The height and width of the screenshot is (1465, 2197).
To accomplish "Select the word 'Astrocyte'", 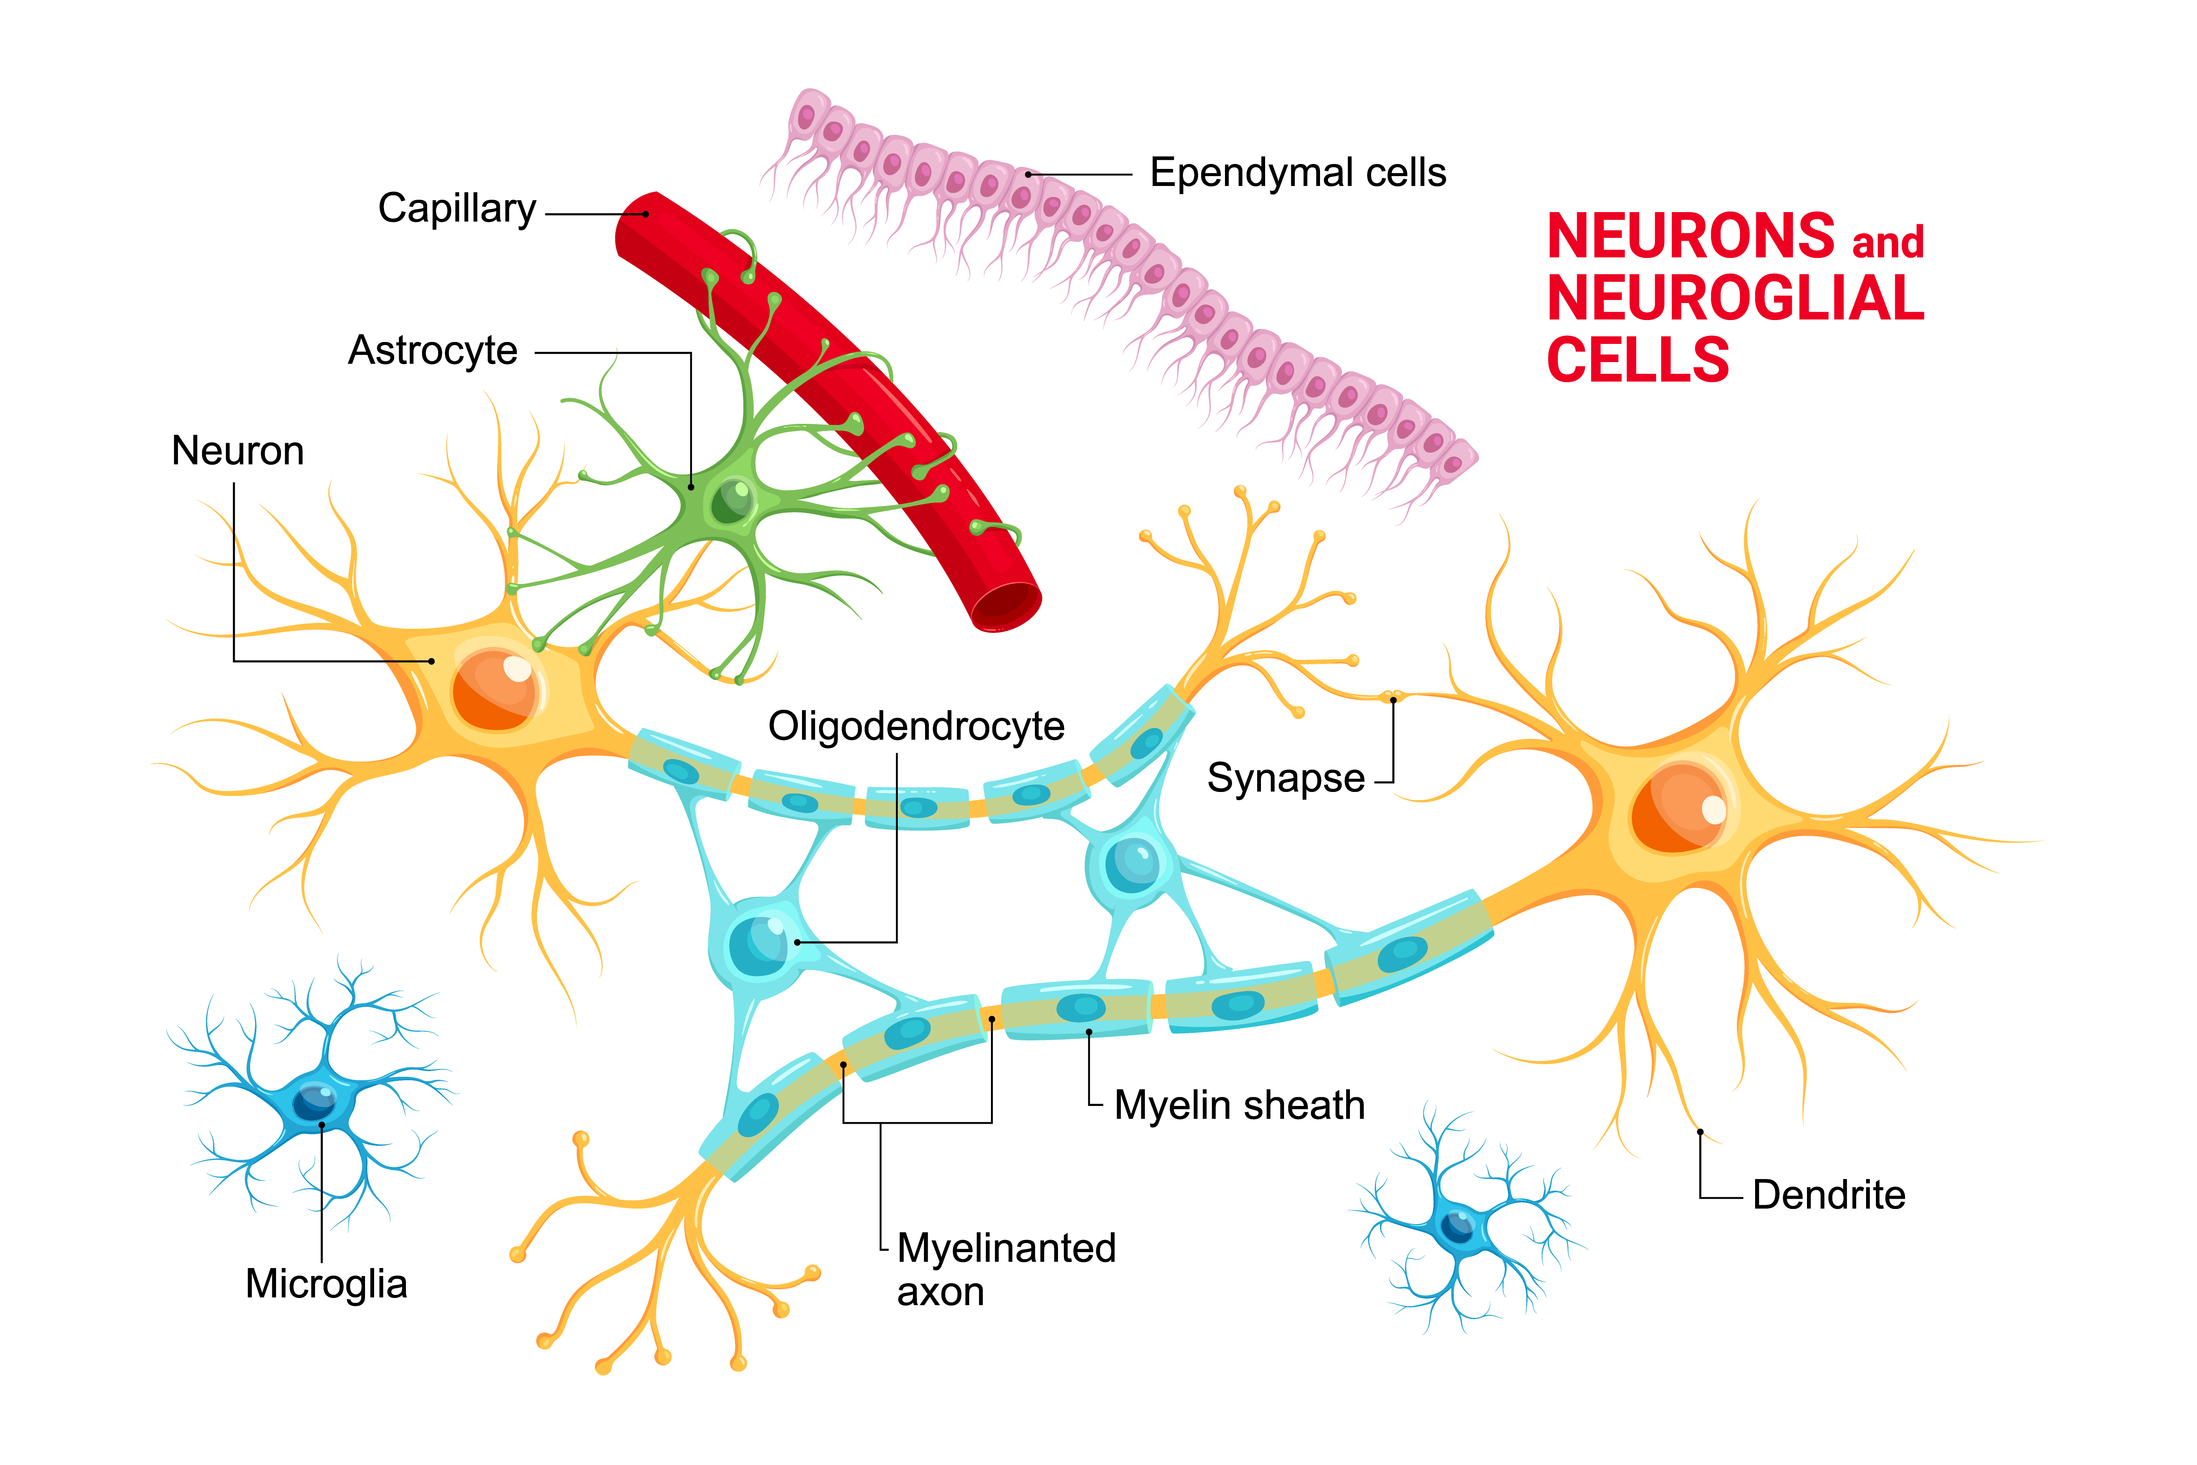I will pos(432,351).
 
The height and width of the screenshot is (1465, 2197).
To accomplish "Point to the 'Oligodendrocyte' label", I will pos(916,726).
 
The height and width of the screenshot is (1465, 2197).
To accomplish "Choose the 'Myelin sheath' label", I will pos(1239,1105).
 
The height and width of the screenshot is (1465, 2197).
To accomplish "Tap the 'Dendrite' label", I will pos(1828,1195).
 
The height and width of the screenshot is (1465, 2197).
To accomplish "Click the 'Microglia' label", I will pos(326,1284).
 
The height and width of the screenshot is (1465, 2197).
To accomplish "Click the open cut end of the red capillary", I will pos(1006,607).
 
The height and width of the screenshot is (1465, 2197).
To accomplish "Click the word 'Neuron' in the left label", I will pos(237,451).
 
